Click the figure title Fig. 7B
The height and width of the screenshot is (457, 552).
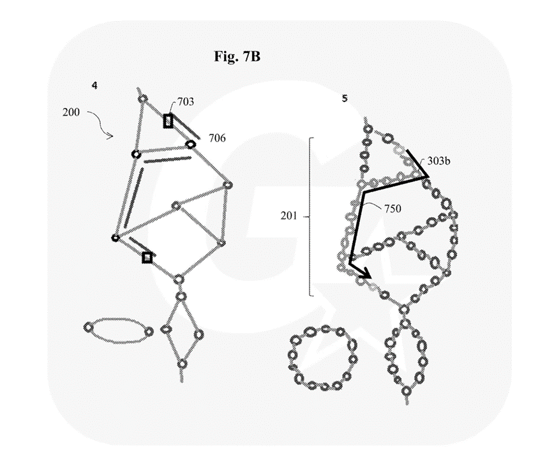tap(237, 56)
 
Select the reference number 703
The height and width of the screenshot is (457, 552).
tap(186, 101)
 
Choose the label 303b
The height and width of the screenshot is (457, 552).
tap(439, 161)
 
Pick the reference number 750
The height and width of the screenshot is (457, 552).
tap(393, 207)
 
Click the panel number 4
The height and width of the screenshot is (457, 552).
tap(94, 85)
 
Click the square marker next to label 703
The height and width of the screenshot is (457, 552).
tap(168, 121)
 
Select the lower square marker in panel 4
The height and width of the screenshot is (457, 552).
tap(147, 257)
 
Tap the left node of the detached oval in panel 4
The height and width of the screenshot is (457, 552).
tap(89, 327)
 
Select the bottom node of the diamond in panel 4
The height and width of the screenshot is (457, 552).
tap(183, 363)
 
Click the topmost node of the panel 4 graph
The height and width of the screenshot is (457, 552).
tap(144, 98)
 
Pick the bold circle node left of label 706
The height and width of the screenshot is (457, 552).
tap(190, 144)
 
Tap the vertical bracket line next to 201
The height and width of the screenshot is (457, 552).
tap(311, 216)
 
